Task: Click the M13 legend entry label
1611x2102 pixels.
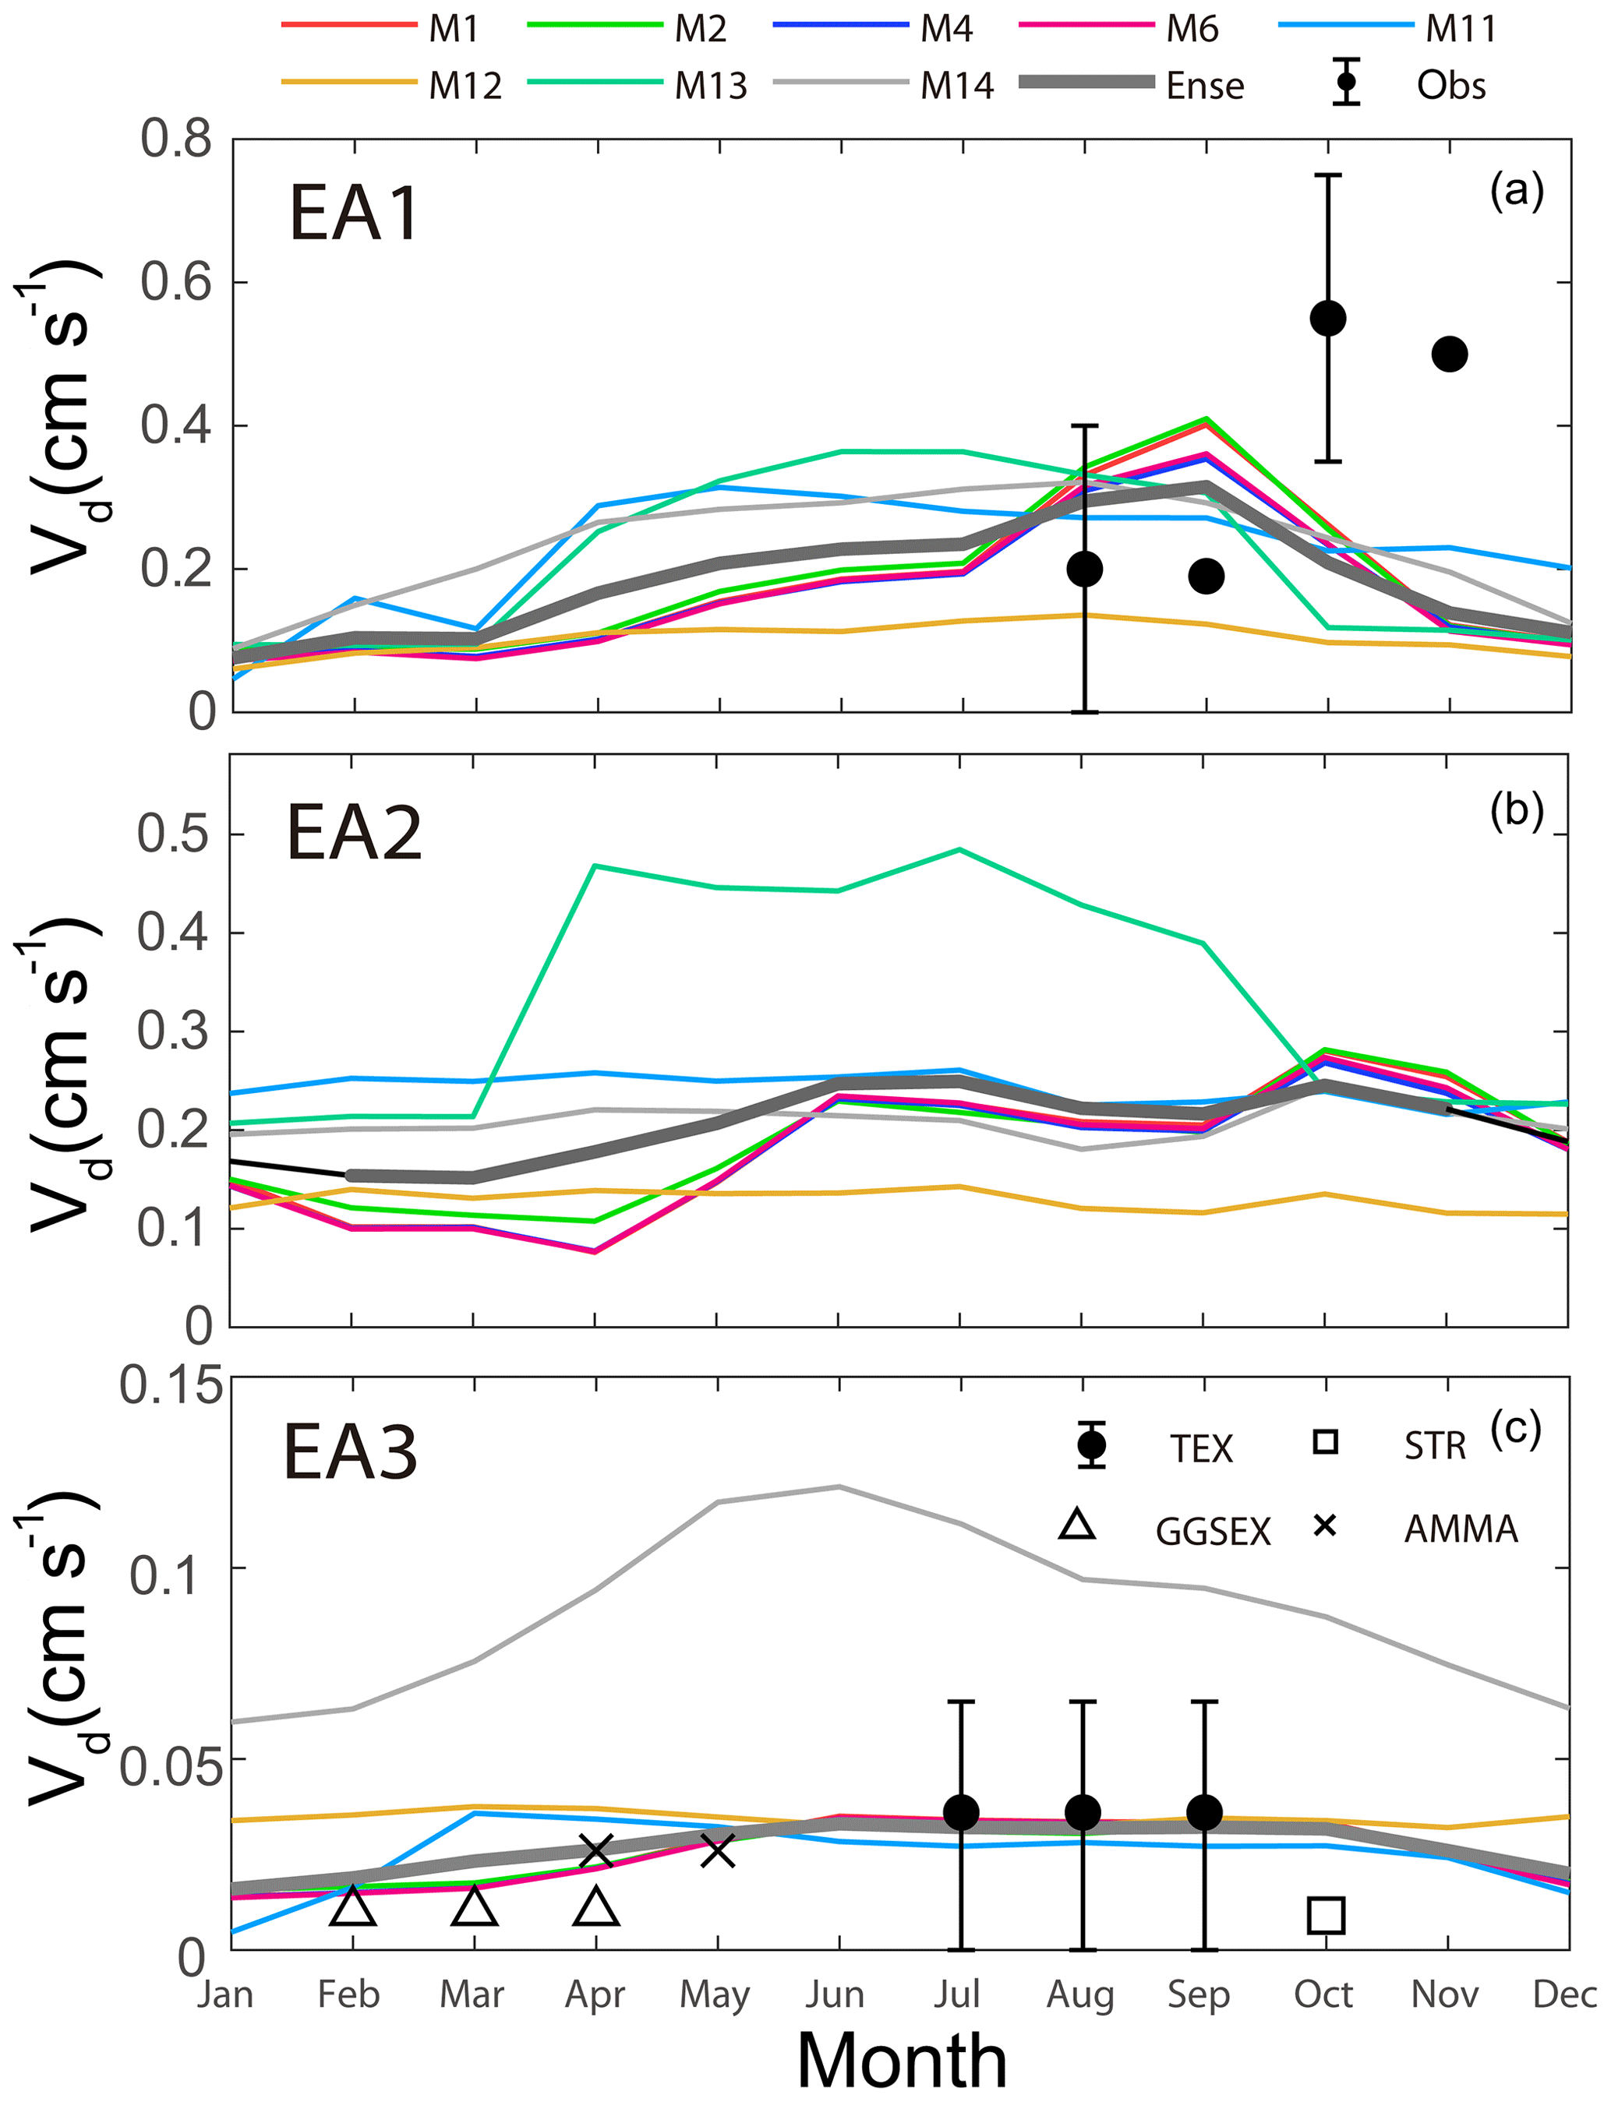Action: point(711,86)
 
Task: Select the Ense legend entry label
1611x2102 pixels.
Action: point(1204,86)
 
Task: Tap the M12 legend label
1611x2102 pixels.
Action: point(465,86)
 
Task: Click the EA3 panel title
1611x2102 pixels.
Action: point(350,1453)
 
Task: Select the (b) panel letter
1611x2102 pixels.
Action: point(1516,810)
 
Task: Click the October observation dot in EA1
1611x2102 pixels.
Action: point(1328,318)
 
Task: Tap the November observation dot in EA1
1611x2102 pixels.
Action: point(1449,354)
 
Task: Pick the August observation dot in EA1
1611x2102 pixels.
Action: point(1085,570)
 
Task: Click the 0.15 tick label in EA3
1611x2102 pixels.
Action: point(171,1387)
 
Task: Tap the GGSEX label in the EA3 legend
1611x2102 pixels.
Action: point(1212,1532)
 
